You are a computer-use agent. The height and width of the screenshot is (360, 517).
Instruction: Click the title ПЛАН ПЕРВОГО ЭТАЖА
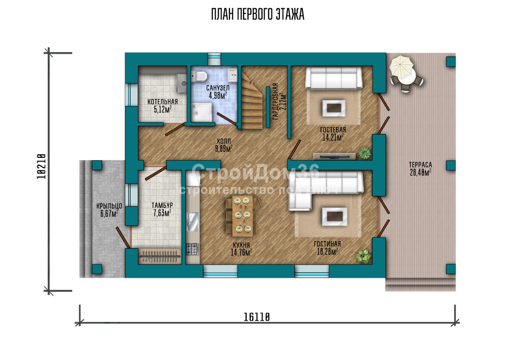[x=258, y=14]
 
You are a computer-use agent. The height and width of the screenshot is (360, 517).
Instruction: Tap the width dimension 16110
[x=257, y=317]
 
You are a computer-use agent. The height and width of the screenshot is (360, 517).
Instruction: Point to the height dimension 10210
[x=41, y=166]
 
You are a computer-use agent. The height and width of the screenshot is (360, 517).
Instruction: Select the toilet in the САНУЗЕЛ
[x=199, y=76]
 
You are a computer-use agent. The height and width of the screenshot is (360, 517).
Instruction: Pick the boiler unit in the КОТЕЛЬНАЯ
[x=182, y=83]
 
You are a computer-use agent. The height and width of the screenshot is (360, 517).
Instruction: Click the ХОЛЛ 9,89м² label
[x=224, y=145]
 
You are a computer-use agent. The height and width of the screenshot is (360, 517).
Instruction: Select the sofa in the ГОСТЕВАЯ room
[x=333, y=78]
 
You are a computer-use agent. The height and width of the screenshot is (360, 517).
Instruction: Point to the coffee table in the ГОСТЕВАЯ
[x=334, y=108]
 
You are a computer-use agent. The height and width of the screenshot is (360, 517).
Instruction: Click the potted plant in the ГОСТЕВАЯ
[x=365, y=153]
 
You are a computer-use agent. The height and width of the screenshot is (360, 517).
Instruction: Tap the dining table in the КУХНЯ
[x=242, y=216]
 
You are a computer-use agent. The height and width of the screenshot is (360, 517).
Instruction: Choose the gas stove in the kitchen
[x=193, y=249]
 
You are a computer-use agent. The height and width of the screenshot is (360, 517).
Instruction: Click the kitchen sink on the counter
[x=193, y=222]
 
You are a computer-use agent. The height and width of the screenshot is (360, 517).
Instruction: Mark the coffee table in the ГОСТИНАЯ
[x=335, y=217]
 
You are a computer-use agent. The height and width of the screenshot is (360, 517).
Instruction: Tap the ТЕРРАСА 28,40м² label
[x=420, y=168]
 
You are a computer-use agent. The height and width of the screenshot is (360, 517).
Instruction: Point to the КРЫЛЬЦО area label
[x=109, y=210]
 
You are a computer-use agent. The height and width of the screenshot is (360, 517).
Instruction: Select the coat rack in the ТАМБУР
[x=160, y=256]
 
